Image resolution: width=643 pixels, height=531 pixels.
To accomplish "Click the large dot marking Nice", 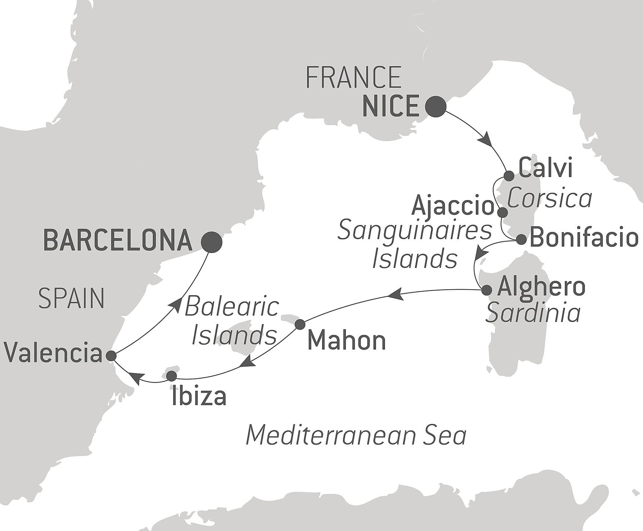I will pos(435,107).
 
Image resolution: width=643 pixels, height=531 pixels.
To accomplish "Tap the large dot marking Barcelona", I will pos(211,242).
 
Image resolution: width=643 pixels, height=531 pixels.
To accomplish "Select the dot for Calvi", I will pos(509,176).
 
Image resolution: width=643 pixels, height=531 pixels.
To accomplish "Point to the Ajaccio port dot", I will pos(503,213).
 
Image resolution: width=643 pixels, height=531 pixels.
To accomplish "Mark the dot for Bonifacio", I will pos(521,240).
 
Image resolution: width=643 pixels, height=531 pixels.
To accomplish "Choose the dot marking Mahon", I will pos(300,324).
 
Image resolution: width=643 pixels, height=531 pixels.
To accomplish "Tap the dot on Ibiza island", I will pos(171,376).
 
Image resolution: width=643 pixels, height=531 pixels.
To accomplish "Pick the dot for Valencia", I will pos(111,356).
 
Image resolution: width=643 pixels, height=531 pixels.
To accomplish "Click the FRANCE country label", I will pos(353,78).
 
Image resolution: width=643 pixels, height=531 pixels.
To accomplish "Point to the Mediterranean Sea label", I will pos(356,436).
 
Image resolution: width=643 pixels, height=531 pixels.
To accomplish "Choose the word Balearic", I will pos(232,307).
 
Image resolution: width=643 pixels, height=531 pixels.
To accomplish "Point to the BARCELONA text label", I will pos(118,240).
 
